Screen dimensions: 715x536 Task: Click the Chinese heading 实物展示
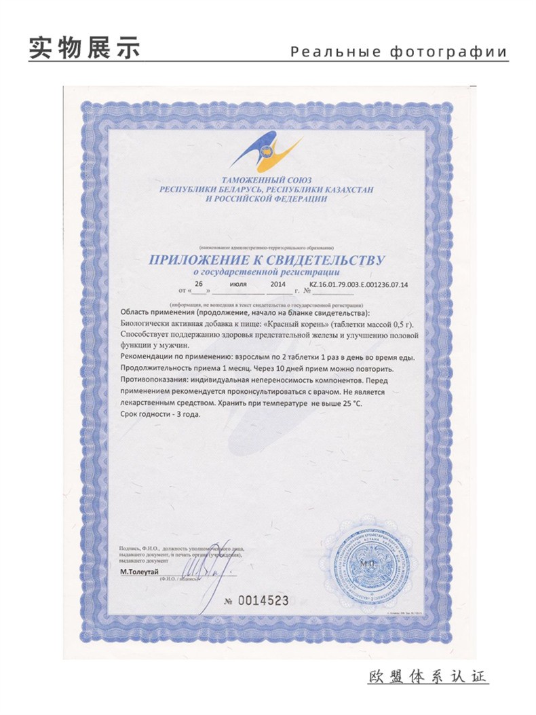pyautogui.click(x=84, y=48)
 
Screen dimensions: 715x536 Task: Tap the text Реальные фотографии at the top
pyautogui.click(x=398, y=52)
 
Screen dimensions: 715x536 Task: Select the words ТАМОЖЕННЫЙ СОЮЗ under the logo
pyautogui.click(x=267, y=180)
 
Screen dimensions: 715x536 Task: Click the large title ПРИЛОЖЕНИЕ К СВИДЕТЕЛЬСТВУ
pyautogui.click(x=267, y=260)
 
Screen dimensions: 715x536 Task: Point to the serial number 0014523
pyautogui.click(x=265, y=601)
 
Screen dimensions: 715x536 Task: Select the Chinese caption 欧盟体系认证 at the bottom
pyautogui.click(x=428, y=677)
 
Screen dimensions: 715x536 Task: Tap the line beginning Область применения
pyautogui.click(x=245, y=312)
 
